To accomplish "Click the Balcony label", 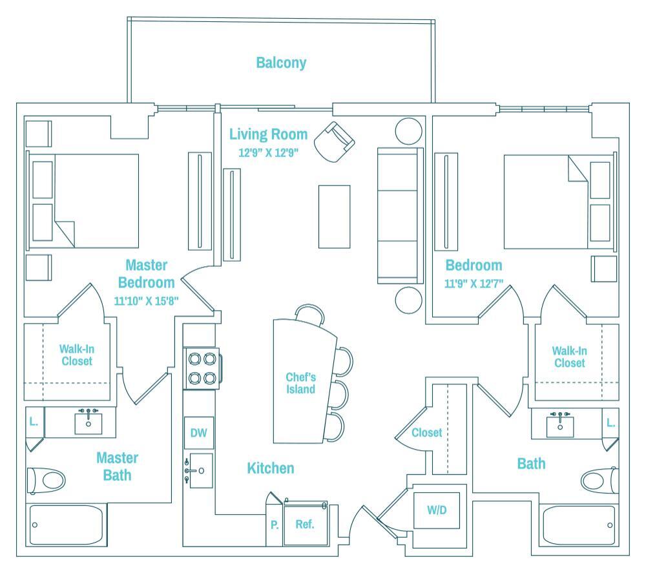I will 281,63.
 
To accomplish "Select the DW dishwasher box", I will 198,433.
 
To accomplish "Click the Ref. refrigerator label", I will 305,524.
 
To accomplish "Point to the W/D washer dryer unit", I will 437,510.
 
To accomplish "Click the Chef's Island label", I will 301,383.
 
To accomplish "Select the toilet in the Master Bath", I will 47,480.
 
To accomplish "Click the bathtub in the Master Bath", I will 68,525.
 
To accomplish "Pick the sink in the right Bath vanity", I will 559,424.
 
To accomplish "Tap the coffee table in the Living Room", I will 335,216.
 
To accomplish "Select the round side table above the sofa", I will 408,131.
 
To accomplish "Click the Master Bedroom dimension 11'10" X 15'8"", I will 146,300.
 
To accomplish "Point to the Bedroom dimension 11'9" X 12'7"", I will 474,283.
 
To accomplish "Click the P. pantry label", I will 275,525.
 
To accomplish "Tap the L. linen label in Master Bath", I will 34,421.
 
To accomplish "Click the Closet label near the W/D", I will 427,432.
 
